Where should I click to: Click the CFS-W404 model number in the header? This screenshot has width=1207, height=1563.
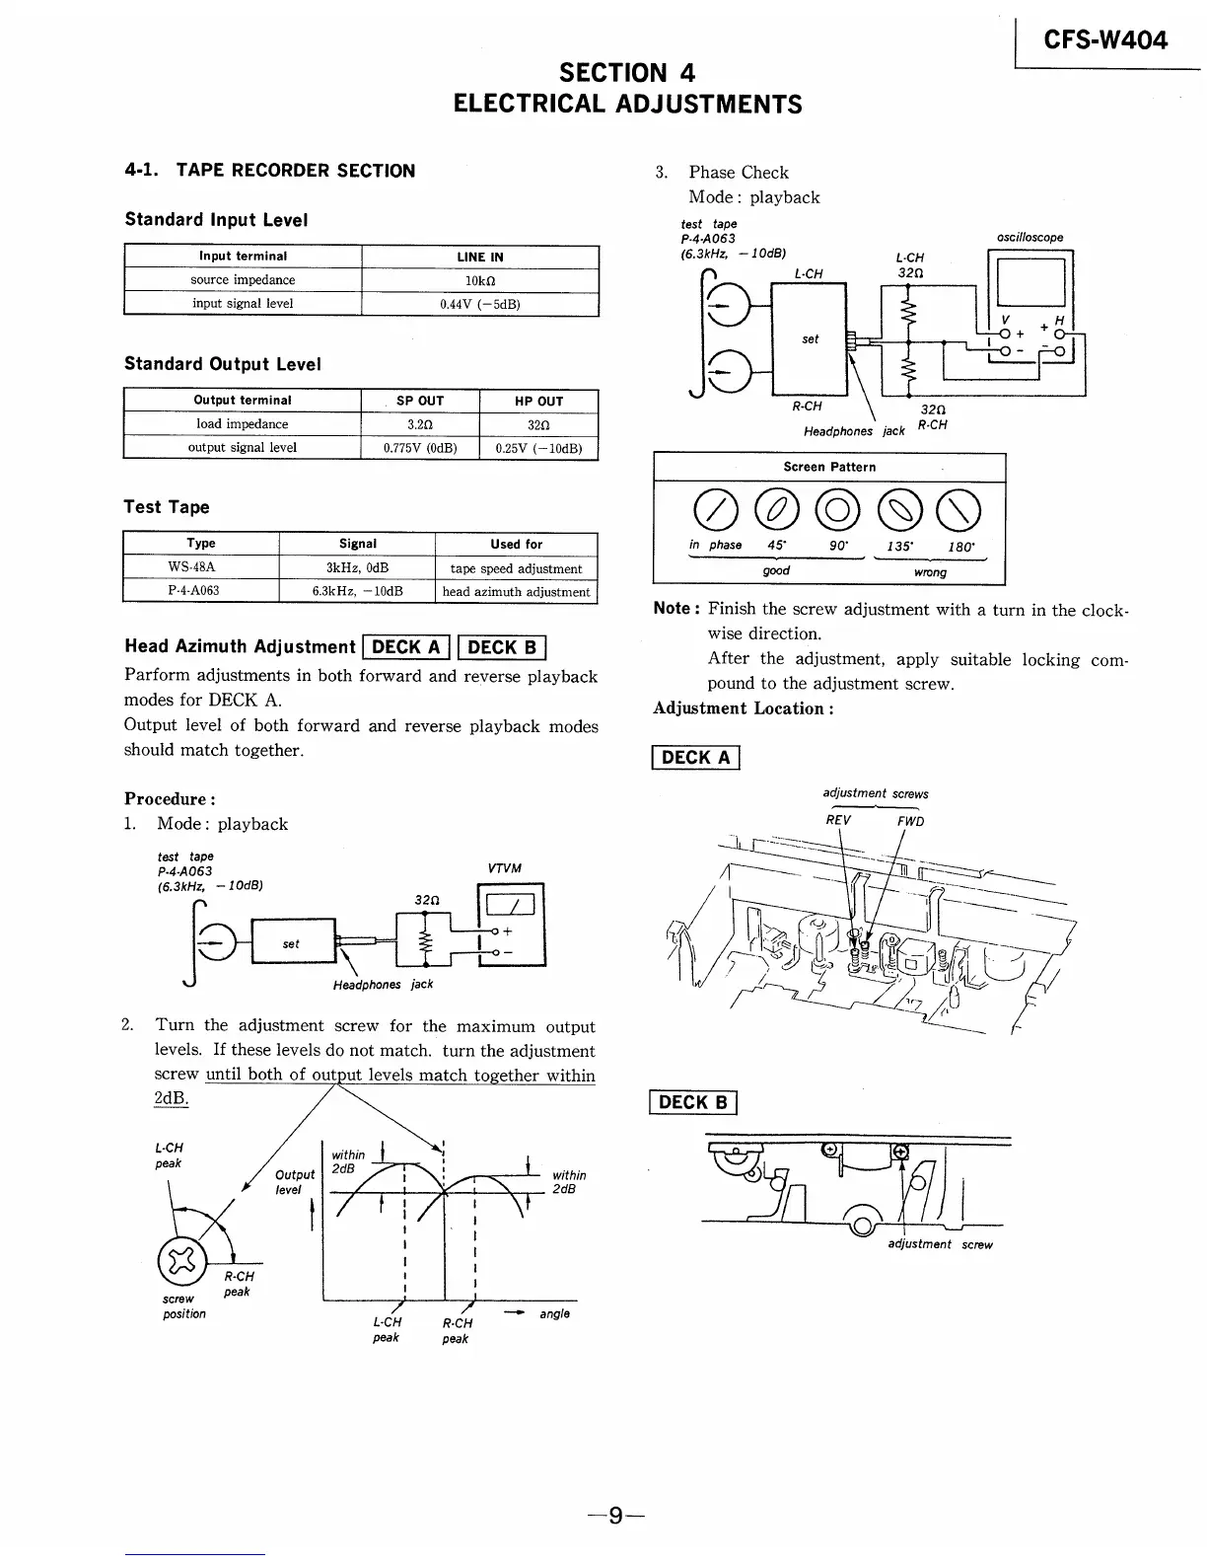[x=1105, y=39]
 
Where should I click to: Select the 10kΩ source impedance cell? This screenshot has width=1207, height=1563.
[x=480, y=280]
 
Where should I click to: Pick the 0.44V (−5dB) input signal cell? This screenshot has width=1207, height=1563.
[x=480, y=304]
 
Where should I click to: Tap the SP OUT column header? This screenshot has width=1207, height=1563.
[x=420, y=401]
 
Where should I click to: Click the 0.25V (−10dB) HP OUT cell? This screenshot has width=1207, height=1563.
[x=538, y=448]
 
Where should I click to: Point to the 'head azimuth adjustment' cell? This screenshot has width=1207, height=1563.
[x=516, y=592]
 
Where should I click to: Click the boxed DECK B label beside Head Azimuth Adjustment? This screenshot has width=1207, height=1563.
[x=502, y=647]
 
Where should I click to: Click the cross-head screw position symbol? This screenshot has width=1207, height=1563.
[x=179, y=1259]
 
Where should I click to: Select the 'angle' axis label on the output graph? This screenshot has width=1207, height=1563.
[x=554, y=1313]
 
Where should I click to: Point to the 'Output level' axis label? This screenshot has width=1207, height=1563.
[x=295, y=1182]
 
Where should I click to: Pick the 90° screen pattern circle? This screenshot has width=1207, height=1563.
[x=836, y=509]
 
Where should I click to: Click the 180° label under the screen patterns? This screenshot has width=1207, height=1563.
[x=960, y=547]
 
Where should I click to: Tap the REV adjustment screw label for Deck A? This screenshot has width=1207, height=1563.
[x=838, y=821]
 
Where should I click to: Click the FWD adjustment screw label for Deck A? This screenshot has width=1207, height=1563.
[x=909, y=821]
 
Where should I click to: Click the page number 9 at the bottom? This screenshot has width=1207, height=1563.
[x=615, y=1515]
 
